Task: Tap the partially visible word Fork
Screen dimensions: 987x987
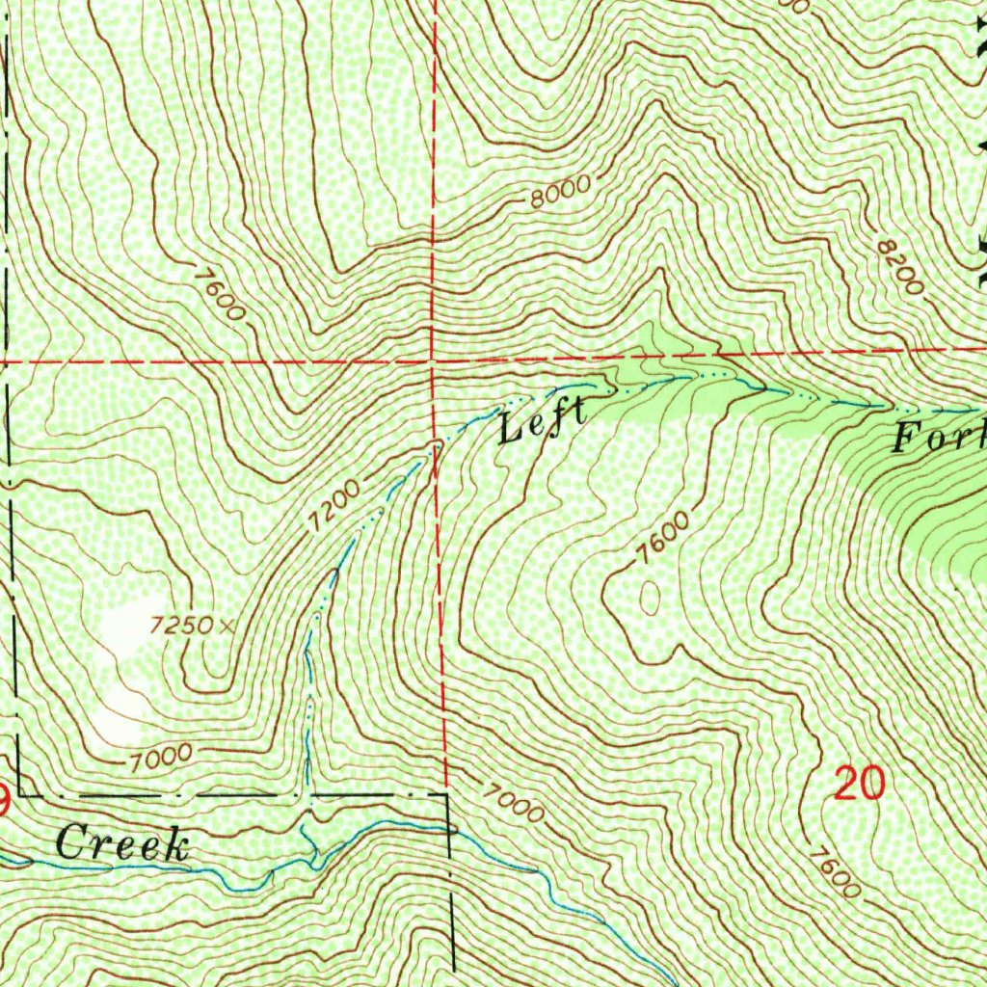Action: pos(938,438)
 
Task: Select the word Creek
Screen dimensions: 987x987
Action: pos(121,844)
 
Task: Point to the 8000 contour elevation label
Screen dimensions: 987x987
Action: pos(559,196)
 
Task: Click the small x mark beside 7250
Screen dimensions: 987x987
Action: pos(227,626)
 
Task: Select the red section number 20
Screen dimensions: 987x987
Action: pos(859,785)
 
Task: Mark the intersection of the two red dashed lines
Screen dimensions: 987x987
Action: pos(433,361)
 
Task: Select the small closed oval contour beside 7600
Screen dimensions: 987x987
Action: pos(651,598)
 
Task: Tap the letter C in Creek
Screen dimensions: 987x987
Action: pos(69,844)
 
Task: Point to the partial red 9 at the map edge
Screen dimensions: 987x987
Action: pos(4,798)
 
